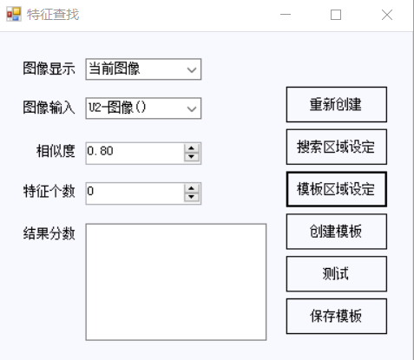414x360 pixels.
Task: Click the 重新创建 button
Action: pos(337,104)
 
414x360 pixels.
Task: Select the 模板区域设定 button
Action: pos(337,189)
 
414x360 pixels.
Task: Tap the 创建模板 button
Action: pos(337,232)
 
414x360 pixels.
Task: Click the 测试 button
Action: pos(337,273)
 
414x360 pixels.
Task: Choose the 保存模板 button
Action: pos(337,316)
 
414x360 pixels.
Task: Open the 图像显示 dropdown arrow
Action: pos(192,69)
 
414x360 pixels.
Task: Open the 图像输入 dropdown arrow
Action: pos(192,108)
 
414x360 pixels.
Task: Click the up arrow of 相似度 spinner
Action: pos(191,148)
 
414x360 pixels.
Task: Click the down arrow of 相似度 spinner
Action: pos(191,157)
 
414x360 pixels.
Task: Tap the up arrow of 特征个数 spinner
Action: pos(191,189)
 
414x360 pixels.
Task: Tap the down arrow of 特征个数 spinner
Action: pos(191,197)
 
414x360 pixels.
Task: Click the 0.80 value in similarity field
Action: pos(100,151)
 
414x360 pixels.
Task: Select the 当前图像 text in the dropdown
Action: pos(115,69)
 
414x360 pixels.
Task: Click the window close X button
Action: pos(387,15)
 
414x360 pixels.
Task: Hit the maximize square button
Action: pos(336,15)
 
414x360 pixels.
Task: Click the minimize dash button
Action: pos(286,14)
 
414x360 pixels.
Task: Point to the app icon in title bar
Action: pos(14,14)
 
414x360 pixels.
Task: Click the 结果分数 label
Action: pos(49,233)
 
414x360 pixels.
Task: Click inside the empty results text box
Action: pos(176,282)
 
